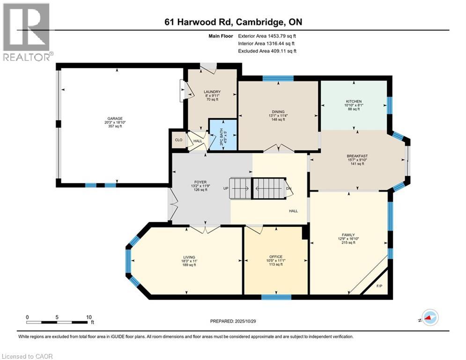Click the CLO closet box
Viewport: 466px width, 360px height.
178,140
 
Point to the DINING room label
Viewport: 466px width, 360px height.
279,112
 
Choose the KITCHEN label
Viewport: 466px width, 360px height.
354,101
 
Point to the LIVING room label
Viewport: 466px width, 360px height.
189,256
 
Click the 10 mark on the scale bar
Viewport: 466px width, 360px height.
89,317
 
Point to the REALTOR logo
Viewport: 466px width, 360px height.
26,32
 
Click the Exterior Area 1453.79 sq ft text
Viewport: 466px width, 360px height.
267,36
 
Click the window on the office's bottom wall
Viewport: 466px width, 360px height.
276,297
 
